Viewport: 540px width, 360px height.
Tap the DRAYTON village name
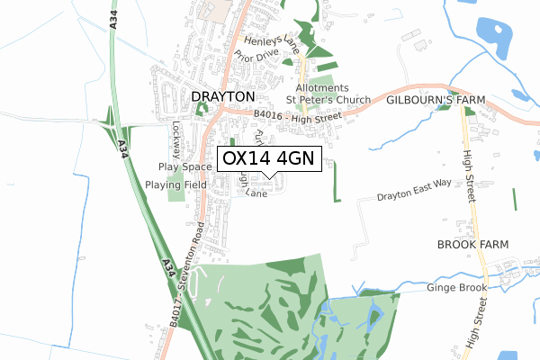[x=224, y=96]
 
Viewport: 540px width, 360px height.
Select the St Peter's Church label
[x=328, y=99]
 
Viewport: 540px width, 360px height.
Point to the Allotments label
[x=309, y=87]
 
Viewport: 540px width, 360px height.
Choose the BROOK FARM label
[x=472, y=245]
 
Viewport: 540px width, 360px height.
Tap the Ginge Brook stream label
[x=458, y=287]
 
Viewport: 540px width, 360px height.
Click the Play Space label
[x=184, y=166]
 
